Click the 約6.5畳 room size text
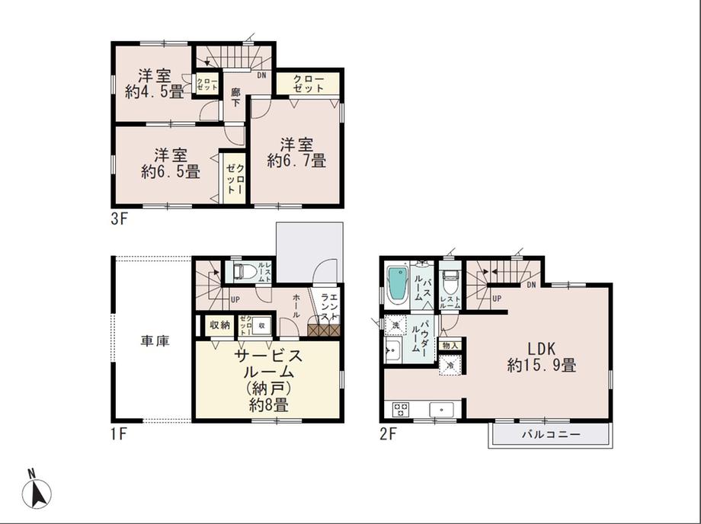click(171, 172)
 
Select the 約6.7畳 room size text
click(296, 161)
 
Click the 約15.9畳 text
click(541, 366)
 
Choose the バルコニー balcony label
click(551, 435)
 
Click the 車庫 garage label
click(154, 341)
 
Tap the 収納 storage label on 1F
click(220, 325)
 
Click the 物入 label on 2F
click(450, 345)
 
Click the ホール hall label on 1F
click(296, 307)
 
